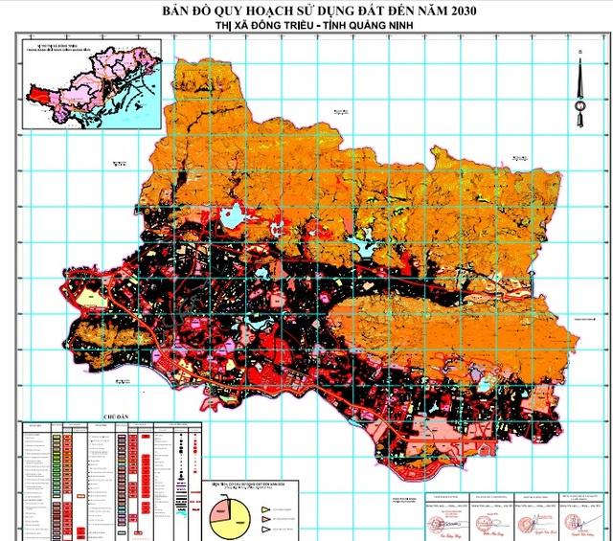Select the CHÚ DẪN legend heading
[114, 418]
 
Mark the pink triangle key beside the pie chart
[265, 514]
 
